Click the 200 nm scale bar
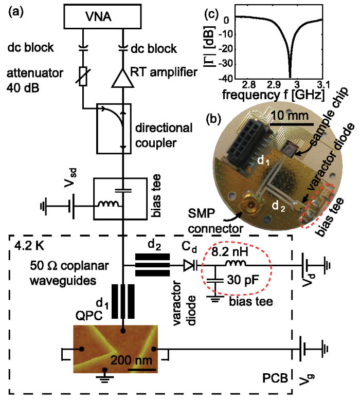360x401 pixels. click(142, 368)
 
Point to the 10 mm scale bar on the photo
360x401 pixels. click(291, 124)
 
